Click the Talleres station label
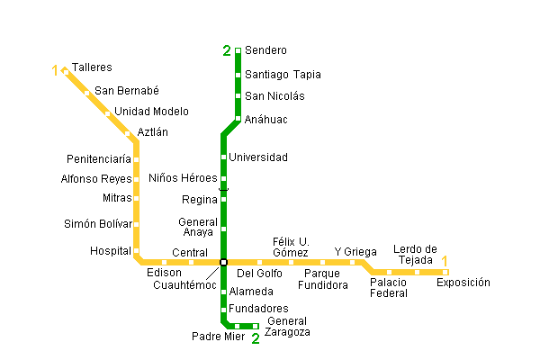[x=92, y=67]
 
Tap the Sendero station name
[x=265, y=50]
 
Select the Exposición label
[x=463, y=283]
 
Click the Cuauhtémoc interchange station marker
[x=223, y=262]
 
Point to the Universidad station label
[x=258, y=157]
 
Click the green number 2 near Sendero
[x=227, y=50]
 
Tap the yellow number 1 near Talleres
[x=56, y=69]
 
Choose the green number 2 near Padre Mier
[x=256, y=339]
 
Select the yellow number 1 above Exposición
[x=444, y=262]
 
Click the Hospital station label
[x=111, y=251]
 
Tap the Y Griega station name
[x=355, y=251]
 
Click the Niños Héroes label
[x=183, y=177]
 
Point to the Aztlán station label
[x=153, y=132]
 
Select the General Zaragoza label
[x=288, y=327]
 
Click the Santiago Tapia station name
[x=283, y=75]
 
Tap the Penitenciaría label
[x=99, y=158]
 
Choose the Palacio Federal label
[x=389, y=287]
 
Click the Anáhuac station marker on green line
[x=238, y=118]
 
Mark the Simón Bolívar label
[x=97, y=224]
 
